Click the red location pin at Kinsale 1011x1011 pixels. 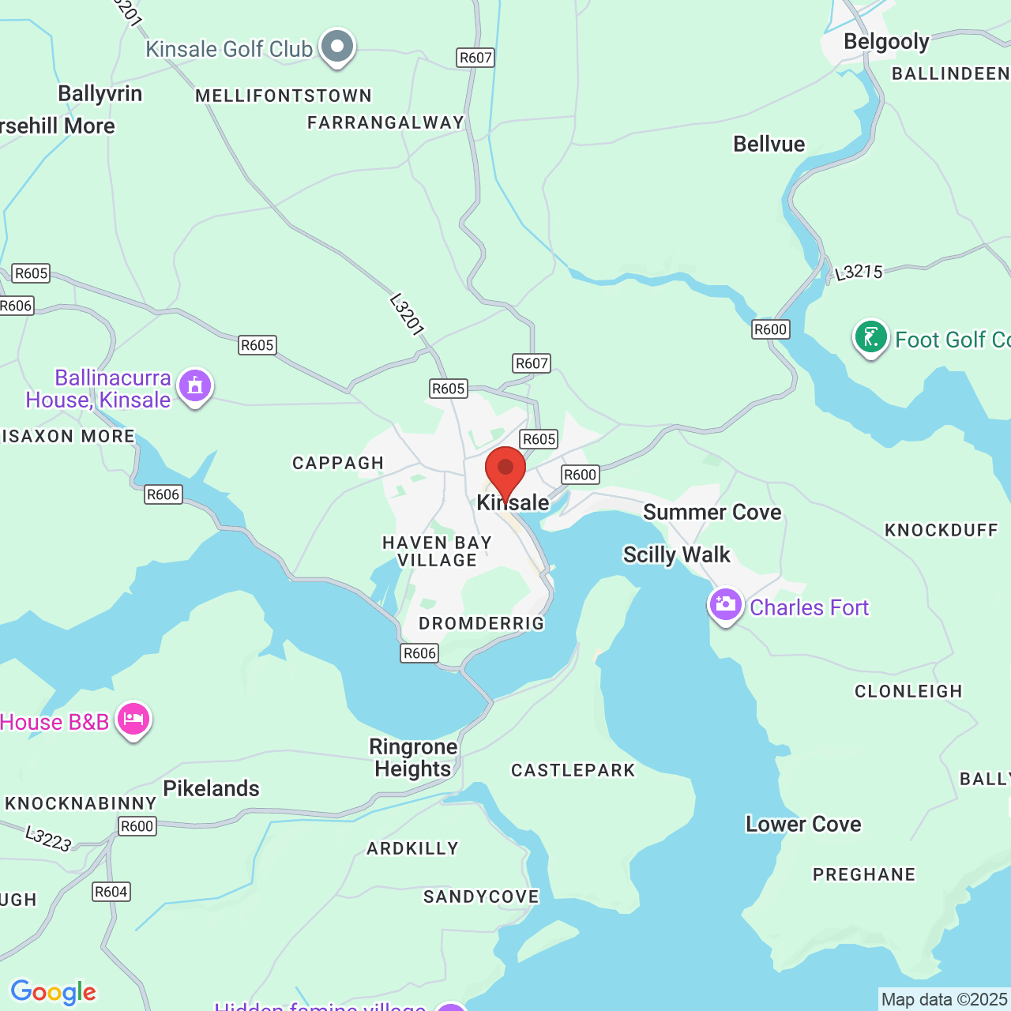coord(505,470)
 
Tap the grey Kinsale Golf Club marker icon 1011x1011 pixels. coord(337,47)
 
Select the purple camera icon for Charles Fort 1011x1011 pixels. coord(725,606)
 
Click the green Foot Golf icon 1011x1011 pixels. coord(870,338)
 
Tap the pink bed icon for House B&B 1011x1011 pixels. coord(133,720)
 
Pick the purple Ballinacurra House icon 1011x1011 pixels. coord(195,387)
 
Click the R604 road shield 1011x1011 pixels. coord(111,892)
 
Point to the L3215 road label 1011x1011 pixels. coord(859,272)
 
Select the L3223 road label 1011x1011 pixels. coord(48,839)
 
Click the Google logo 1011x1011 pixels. coord(53,992)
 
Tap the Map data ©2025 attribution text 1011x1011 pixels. coord(944,999)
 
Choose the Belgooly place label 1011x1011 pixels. coord(886,41)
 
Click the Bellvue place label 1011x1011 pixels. coord(769,144)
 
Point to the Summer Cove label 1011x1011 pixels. coord(712,512)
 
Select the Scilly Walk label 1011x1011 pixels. coord(676,554)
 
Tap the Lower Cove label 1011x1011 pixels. coord(803,824)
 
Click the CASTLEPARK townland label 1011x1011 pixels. coord(573,770)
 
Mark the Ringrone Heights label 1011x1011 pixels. coord(413,758)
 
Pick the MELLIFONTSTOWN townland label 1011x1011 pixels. coord(284,96)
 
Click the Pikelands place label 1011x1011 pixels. coord(211,788)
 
